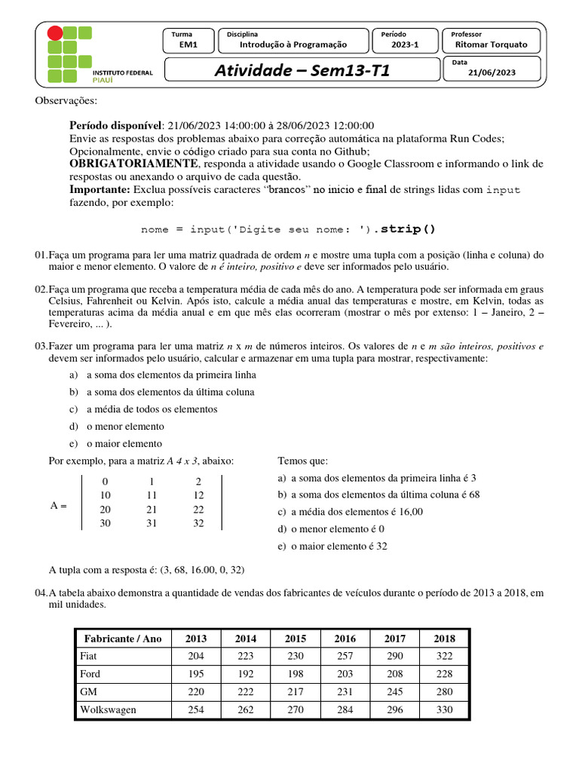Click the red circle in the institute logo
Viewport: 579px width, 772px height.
[55, 33]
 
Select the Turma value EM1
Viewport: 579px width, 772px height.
[188, 44]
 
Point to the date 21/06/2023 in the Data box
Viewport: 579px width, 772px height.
[492, 72]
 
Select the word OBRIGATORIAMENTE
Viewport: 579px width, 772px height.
[133, 164]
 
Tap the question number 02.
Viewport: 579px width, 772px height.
[41, 290]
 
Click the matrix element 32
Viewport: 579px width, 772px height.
[198, 523]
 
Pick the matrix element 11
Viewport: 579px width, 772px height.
[152, 495]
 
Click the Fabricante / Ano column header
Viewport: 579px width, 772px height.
[123, 639]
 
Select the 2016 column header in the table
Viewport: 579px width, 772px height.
[345, 639]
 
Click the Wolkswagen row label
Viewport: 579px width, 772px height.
[103, 709]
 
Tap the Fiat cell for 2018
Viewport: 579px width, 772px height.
[444, 656]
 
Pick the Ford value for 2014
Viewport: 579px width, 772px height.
[246, 674]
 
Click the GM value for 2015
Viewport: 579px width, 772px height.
[296, 691]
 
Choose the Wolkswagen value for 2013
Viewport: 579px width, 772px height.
[196, 709]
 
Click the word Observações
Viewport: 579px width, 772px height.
[66, 101]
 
